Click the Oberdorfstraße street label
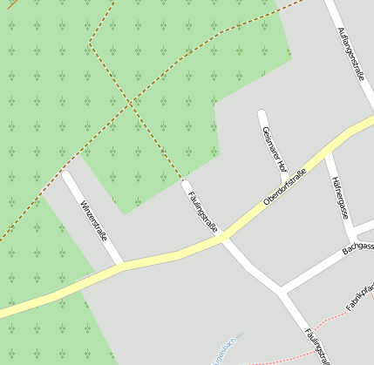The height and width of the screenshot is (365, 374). pyautogui.click(x=285, y=188)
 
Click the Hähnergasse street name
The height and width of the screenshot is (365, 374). pyautogui.click(x=341, y=197)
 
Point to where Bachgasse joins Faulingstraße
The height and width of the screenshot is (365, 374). pyautogui.click(x=281, y=289)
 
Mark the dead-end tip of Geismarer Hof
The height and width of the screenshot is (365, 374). pyautogui.click(x=262, y=114)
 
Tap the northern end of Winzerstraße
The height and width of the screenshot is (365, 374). pyautogui.click(x=66, y=176)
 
